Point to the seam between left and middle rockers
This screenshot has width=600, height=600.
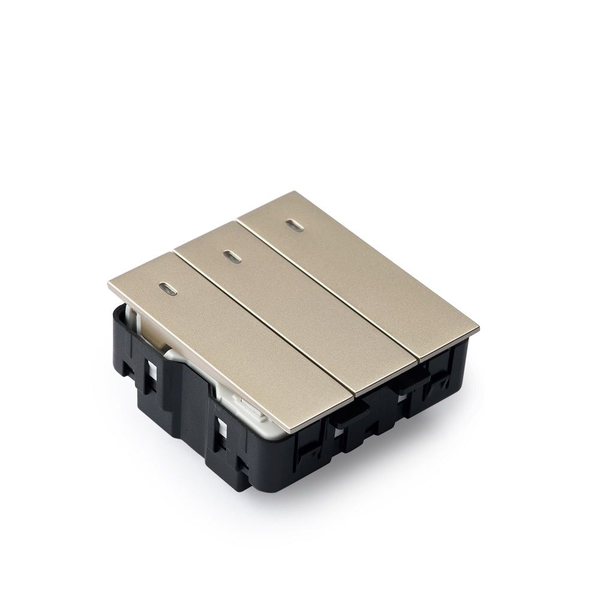(x=264, y=324)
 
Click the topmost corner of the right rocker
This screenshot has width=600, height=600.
(x=302, y=192)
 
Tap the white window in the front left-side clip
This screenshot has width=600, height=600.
(x=223, y=430)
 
